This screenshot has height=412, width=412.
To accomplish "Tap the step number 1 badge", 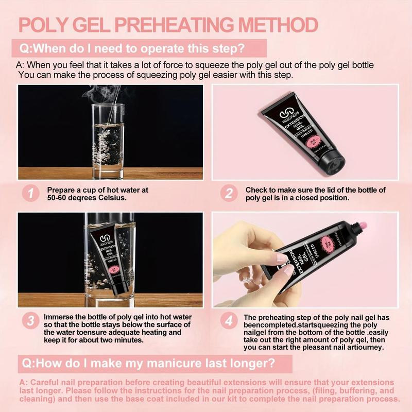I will (x=31, y=194).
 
